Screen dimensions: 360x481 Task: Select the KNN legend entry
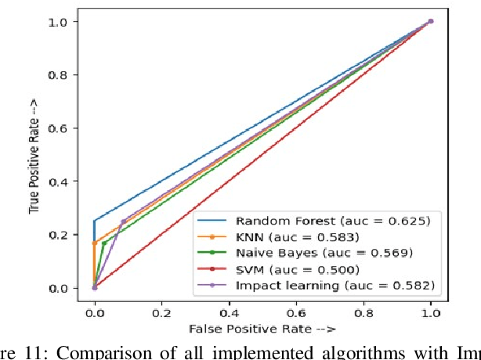tap(297, 236)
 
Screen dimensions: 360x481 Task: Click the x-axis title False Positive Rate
tap(261, 326)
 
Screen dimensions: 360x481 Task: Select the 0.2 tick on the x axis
tap(161, 311)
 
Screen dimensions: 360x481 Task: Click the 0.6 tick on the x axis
tap(296, 311)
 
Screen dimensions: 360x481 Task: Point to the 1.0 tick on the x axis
tap(431, 311)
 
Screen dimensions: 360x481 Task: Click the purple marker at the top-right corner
tap(431, 21)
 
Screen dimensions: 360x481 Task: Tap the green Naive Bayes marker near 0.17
tap(103, 243)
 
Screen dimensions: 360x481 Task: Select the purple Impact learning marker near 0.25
tap(122, 221)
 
